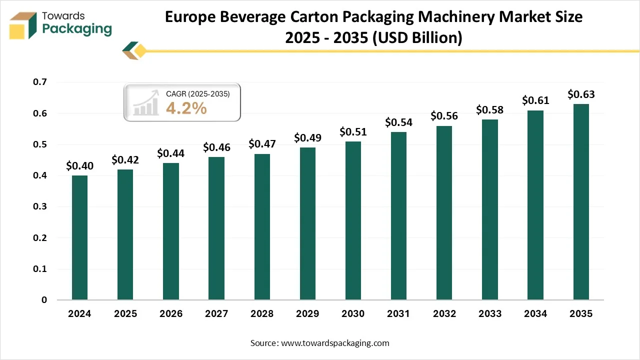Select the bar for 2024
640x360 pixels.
(x=79, y=237)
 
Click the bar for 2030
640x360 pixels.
(x=353, y=220)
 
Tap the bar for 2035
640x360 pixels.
(x=581, y=202)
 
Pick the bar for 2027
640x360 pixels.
(x=216, y=228)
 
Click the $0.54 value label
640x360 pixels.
(x=398, y=122)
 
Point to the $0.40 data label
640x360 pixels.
(x=79, y=165)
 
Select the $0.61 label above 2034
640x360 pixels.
(x=535, y=100)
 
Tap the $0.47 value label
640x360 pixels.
(x=262, y=144)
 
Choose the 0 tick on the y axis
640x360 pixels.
(x=44, y=300)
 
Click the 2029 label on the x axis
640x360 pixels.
(x=307, y=314)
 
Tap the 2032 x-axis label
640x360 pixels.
(x=444, y=314)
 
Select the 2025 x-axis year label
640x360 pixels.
(x=125, y=314)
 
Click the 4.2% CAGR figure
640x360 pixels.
(x=186, y=108)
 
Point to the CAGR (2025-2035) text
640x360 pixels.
(x=197, y=93)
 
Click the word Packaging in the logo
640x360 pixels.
(x=77, y=29)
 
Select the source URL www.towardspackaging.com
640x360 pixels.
(x=334, y=343)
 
